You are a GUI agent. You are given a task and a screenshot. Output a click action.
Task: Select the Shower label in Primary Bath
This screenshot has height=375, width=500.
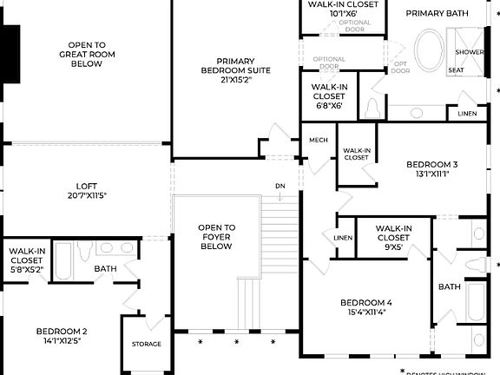(x=470, y=51)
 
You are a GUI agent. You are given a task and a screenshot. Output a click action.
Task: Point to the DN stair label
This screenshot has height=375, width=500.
(x=280, y=186)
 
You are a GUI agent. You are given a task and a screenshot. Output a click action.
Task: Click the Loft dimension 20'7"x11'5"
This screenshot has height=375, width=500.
(x=86, y=196)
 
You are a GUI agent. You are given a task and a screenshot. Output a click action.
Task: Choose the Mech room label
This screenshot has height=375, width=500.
(x=318, y=139)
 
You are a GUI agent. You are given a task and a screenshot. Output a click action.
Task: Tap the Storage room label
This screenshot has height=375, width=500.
(x=146, y=344)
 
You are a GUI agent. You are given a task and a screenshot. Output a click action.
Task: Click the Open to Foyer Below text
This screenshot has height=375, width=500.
(x=216, y=236)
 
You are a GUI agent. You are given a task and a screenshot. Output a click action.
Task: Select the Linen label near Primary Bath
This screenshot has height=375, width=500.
(x=466, y=114)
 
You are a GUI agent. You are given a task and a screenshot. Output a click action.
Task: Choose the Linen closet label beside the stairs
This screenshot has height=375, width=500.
(x=343, y=238)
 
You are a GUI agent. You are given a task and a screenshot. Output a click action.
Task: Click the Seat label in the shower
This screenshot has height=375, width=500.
(x=456, y=69)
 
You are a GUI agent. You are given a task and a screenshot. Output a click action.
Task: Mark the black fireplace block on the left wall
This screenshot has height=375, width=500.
(x=10, y=54)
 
